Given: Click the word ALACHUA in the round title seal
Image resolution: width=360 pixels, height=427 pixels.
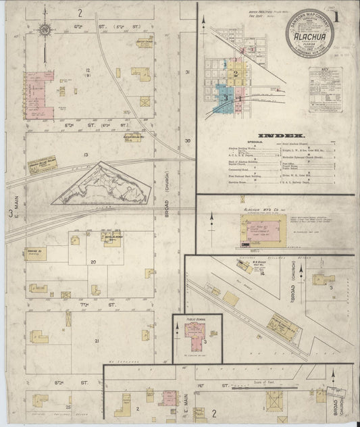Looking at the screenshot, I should pyautogui.click(x=311, y=49).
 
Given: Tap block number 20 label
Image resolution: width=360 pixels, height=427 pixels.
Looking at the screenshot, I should pyautogui.click(x=93, y=261).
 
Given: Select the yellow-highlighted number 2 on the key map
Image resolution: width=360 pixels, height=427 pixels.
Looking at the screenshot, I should pyautogui.click(x=236, y=75).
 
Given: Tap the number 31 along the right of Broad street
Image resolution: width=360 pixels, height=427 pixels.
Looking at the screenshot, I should pyautogui.click(x=188, y=72).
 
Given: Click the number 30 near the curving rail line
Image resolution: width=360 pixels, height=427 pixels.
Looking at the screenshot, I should pyautogui.click(x=188, y=141).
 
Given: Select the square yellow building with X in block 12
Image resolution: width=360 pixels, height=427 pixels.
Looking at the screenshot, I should pyautogui.click(x=145, y=101).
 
